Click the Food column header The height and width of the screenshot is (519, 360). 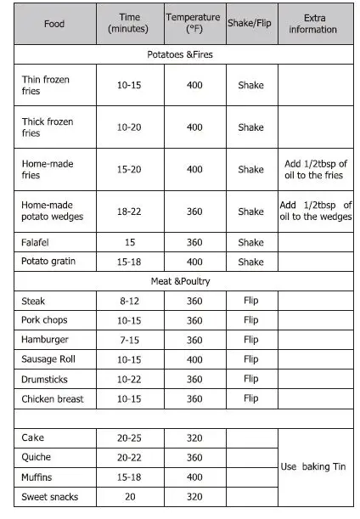point(54,24)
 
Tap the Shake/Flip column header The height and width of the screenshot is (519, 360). point(250,23)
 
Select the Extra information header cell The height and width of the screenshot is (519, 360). point(312,24)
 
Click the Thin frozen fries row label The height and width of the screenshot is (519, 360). point(46,85)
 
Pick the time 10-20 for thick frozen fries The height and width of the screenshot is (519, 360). point(129,127)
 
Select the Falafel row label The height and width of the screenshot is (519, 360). point(37,243)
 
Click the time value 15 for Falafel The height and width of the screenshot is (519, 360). point(129,243)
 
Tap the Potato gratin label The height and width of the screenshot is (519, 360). point(48,262)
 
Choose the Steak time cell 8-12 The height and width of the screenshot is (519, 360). point(129,301)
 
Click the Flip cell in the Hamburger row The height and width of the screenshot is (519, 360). point(250,340)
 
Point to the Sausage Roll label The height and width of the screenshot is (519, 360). point(48,359)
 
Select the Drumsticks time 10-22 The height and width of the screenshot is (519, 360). point(129,379)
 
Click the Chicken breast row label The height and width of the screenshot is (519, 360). point(53,398)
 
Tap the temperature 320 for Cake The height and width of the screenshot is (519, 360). point(194,438)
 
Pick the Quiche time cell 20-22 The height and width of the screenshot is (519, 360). point(129,458)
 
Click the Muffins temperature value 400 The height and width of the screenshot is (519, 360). point(194,477)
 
